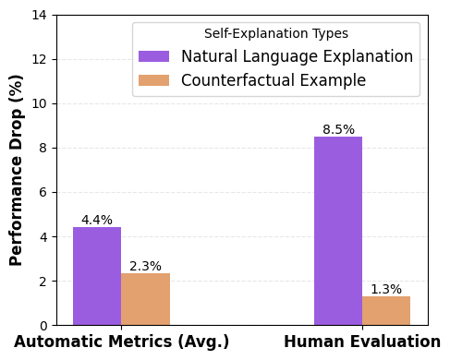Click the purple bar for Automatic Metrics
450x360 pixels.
(97, 276)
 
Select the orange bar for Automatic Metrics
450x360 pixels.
(145, 299)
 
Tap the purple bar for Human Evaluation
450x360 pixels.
(338, 231)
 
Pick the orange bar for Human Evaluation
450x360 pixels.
(386, 310)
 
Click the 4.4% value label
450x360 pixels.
(97, 221)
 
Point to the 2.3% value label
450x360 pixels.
(145, 267)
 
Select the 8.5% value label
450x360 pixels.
(338, 130)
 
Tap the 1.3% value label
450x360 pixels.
(386, 290)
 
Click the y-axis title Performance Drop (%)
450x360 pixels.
(17, 170)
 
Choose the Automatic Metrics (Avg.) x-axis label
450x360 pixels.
(121, 342)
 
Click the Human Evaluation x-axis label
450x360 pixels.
(362, 342)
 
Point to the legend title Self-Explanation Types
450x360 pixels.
(276, 34)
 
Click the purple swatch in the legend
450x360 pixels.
(153, 57)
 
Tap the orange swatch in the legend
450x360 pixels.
(153, 81)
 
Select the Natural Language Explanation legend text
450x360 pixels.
(297, 57)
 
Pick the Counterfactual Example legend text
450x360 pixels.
(274, 81)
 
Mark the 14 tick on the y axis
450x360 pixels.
(41, 15)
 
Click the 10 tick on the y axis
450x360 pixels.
(41, 103)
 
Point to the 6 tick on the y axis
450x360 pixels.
(44, 192)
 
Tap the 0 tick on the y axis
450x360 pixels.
(44, 325)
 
